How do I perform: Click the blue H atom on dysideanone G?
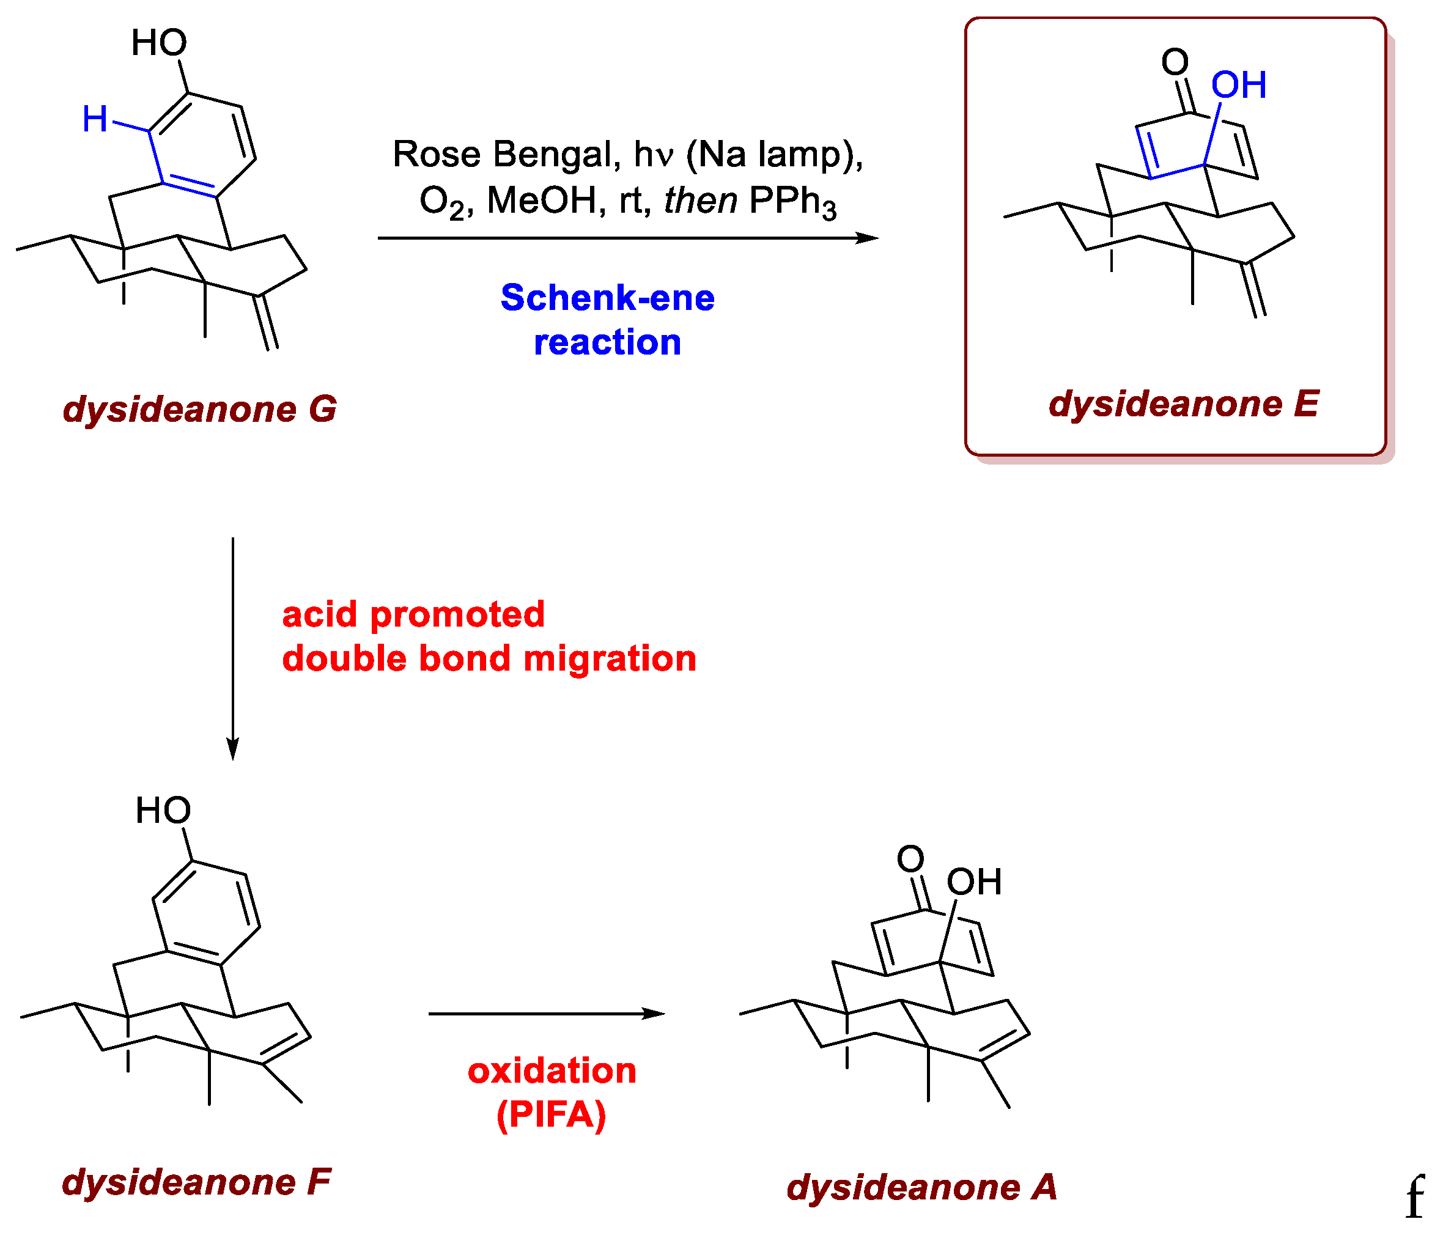[95, 119]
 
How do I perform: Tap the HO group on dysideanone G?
[159, 43]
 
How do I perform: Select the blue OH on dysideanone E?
[1238, 86]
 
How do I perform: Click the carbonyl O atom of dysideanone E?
[1175, 62]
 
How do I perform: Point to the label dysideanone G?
[200, 410]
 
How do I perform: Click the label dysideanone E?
[1183, 405]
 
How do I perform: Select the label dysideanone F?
[196, 1182]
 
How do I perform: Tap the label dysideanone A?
[921, 1187]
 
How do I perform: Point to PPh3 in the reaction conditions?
[792, 202]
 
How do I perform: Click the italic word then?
[700, 201]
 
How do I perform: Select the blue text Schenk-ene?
[607, 298]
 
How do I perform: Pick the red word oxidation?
[552, 1070]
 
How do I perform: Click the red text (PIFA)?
[552, 1115]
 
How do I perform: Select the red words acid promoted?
[413, 615]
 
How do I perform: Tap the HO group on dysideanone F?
[163, 811]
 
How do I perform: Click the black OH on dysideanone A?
[973, 882]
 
